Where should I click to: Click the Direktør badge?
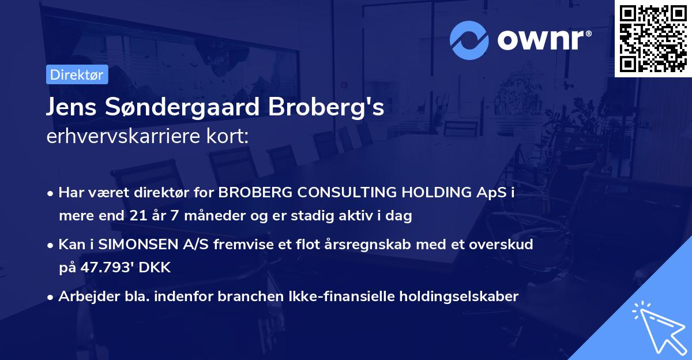click(x=77, y=74)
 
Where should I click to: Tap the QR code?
click(x=653, y=38)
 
